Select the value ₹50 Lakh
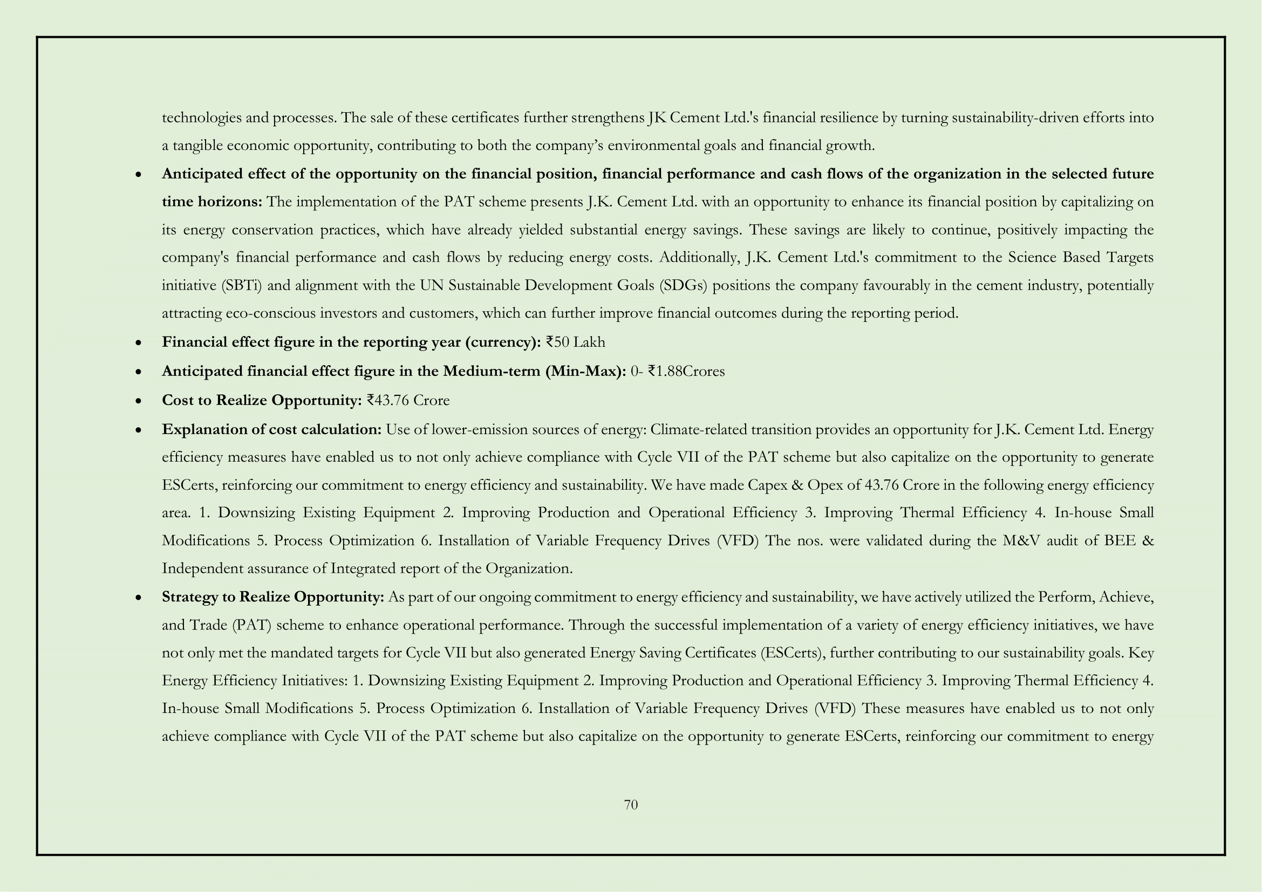[576, 342]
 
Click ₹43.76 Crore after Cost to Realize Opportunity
[408, 400]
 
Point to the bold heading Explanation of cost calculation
[271, 429]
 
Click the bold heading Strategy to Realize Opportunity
[272, 597]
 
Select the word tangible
[197, 146]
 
